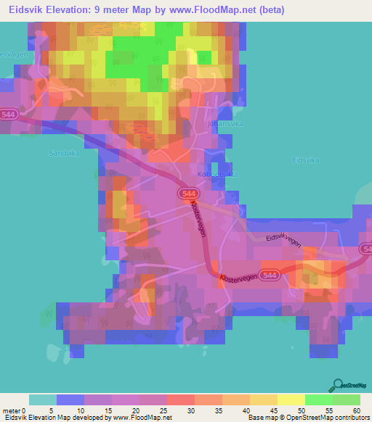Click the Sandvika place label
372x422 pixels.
pos(62,153)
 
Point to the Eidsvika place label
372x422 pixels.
pos(306,160)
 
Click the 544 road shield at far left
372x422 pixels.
pos(9,115)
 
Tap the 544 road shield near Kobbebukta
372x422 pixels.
pos(187,193)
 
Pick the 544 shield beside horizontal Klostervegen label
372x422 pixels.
pos(270,276)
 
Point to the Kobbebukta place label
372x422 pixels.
pos(218,174)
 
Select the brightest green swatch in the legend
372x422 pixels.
pos(318,400)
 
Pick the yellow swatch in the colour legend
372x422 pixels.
pos(291,400)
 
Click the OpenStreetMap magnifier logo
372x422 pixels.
pos(337,385)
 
